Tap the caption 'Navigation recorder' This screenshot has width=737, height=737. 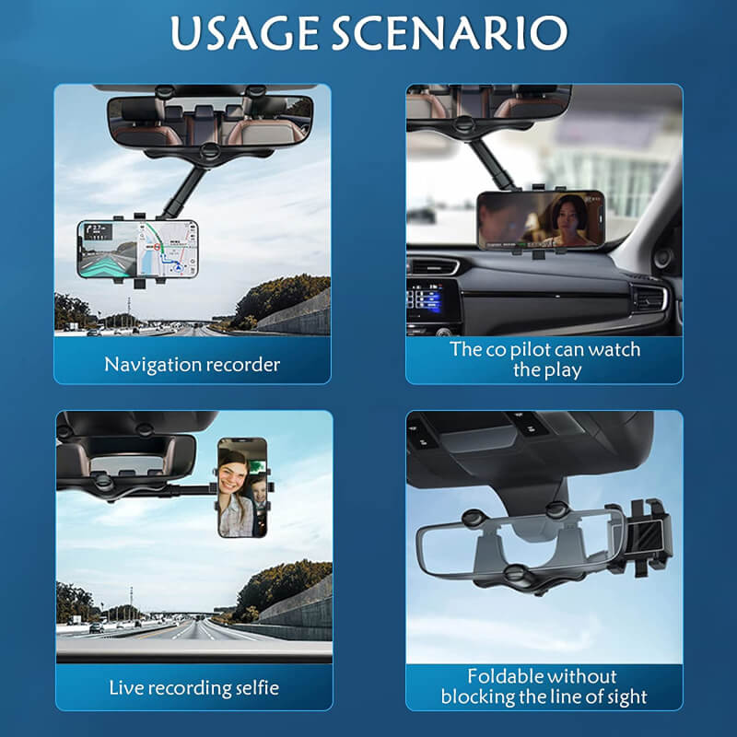192,364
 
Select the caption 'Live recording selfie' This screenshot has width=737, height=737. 193,687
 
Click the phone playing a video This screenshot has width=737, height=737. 541,219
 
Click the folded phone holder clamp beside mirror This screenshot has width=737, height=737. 649,539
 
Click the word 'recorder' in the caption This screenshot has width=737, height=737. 240,364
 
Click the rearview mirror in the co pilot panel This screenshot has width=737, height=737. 488,101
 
